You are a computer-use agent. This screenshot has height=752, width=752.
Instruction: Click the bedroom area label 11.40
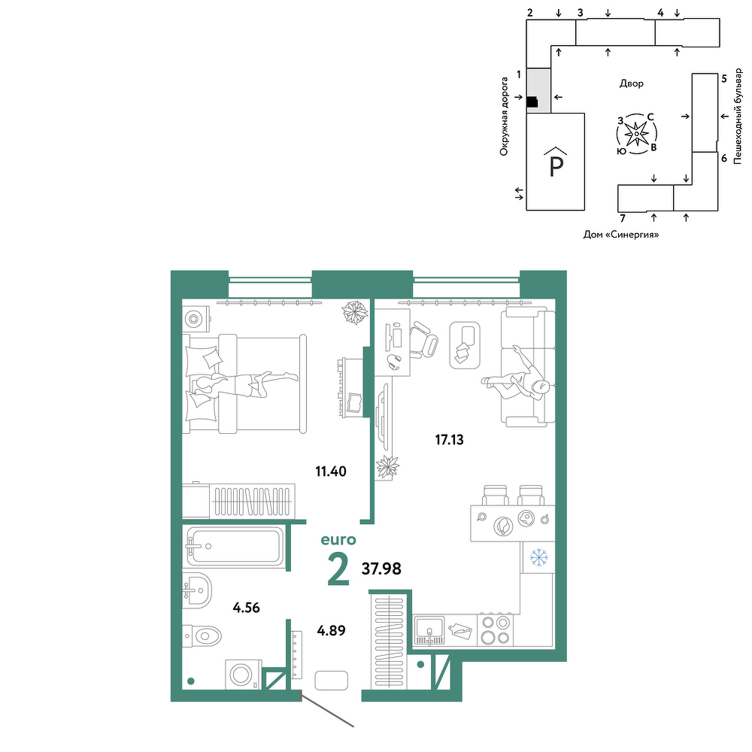[330, 472]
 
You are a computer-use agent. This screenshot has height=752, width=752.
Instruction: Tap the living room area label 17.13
[450, 440]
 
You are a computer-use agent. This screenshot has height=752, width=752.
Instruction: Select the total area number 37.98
[381, 569]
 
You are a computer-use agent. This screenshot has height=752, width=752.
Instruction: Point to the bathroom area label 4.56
[246, 608]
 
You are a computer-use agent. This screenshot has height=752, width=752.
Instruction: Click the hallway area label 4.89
[331, 630]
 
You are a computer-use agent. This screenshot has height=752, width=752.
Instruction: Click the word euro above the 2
[338, 540]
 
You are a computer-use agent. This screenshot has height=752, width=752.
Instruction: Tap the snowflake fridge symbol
[538, 558]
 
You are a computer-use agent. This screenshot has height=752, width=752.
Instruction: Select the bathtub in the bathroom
[234, 546]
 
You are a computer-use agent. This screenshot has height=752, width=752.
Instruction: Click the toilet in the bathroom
[202, 636]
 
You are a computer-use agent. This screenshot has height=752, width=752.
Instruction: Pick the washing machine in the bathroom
[243, 675]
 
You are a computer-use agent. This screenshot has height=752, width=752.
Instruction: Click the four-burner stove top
[496, 630]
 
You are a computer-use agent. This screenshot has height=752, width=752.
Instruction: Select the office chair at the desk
[423, 340]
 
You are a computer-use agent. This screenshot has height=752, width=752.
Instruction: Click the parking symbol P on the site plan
[556, 166]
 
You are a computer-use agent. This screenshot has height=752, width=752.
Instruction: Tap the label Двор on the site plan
[631, 83]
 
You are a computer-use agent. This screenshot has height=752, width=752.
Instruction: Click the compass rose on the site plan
[636, 134]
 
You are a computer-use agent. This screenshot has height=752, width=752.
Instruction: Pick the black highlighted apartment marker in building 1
[532, 102]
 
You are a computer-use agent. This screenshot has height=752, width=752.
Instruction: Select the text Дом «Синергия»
[620, 235]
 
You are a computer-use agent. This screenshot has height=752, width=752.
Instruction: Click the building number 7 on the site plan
[623, 219]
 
